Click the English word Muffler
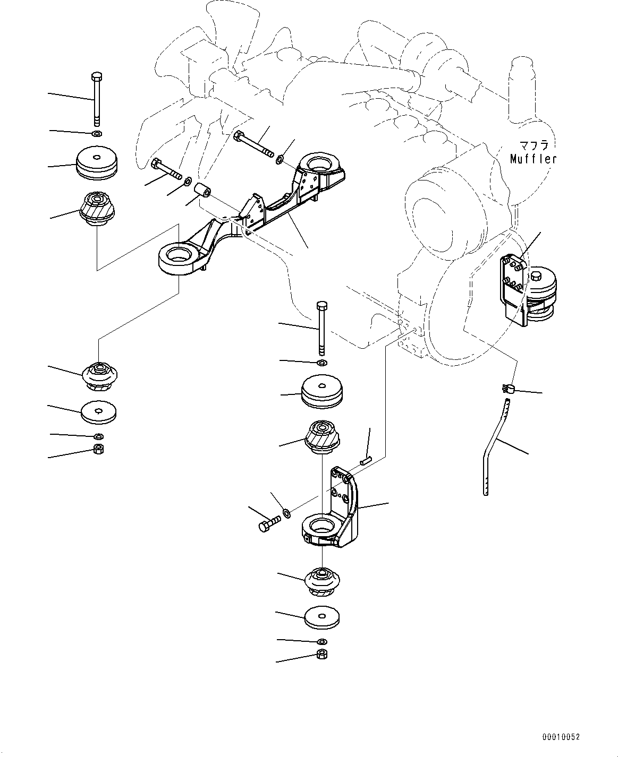pyautogui.click(x=533, y=158)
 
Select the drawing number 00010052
pyautogui.click(x=561, y=737)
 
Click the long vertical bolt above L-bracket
pyautogui.click(x=320, y=329)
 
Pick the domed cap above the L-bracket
pyautogui.click(x=321, y=392)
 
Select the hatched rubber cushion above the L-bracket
pyautogui.click(x=321, y=436)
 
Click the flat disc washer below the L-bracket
pyautogui.click(x=321, y=618)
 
